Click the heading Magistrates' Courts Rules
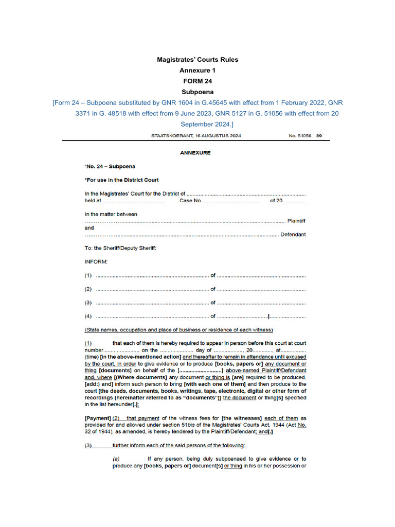[197, 60]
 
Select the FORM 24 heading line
[197, 81]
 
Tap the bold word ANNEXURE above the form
[195, 153]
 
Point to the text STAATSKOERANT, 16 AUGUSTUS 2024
[196, 136]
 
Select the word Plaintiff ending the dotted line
[296, 221]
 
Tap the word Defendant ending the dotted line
[293, 235]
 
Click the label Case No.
[190, 201]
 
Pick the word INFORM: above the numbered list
[96, 261]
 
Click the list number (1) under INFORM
[88, 275]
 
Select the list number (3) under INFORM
[88, 303]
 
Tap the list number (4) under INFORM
[88, 316]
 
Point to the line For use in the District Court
[122, 180]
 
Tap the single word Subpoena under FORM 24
[197, 92]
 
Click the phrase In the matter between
[111, 214]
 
